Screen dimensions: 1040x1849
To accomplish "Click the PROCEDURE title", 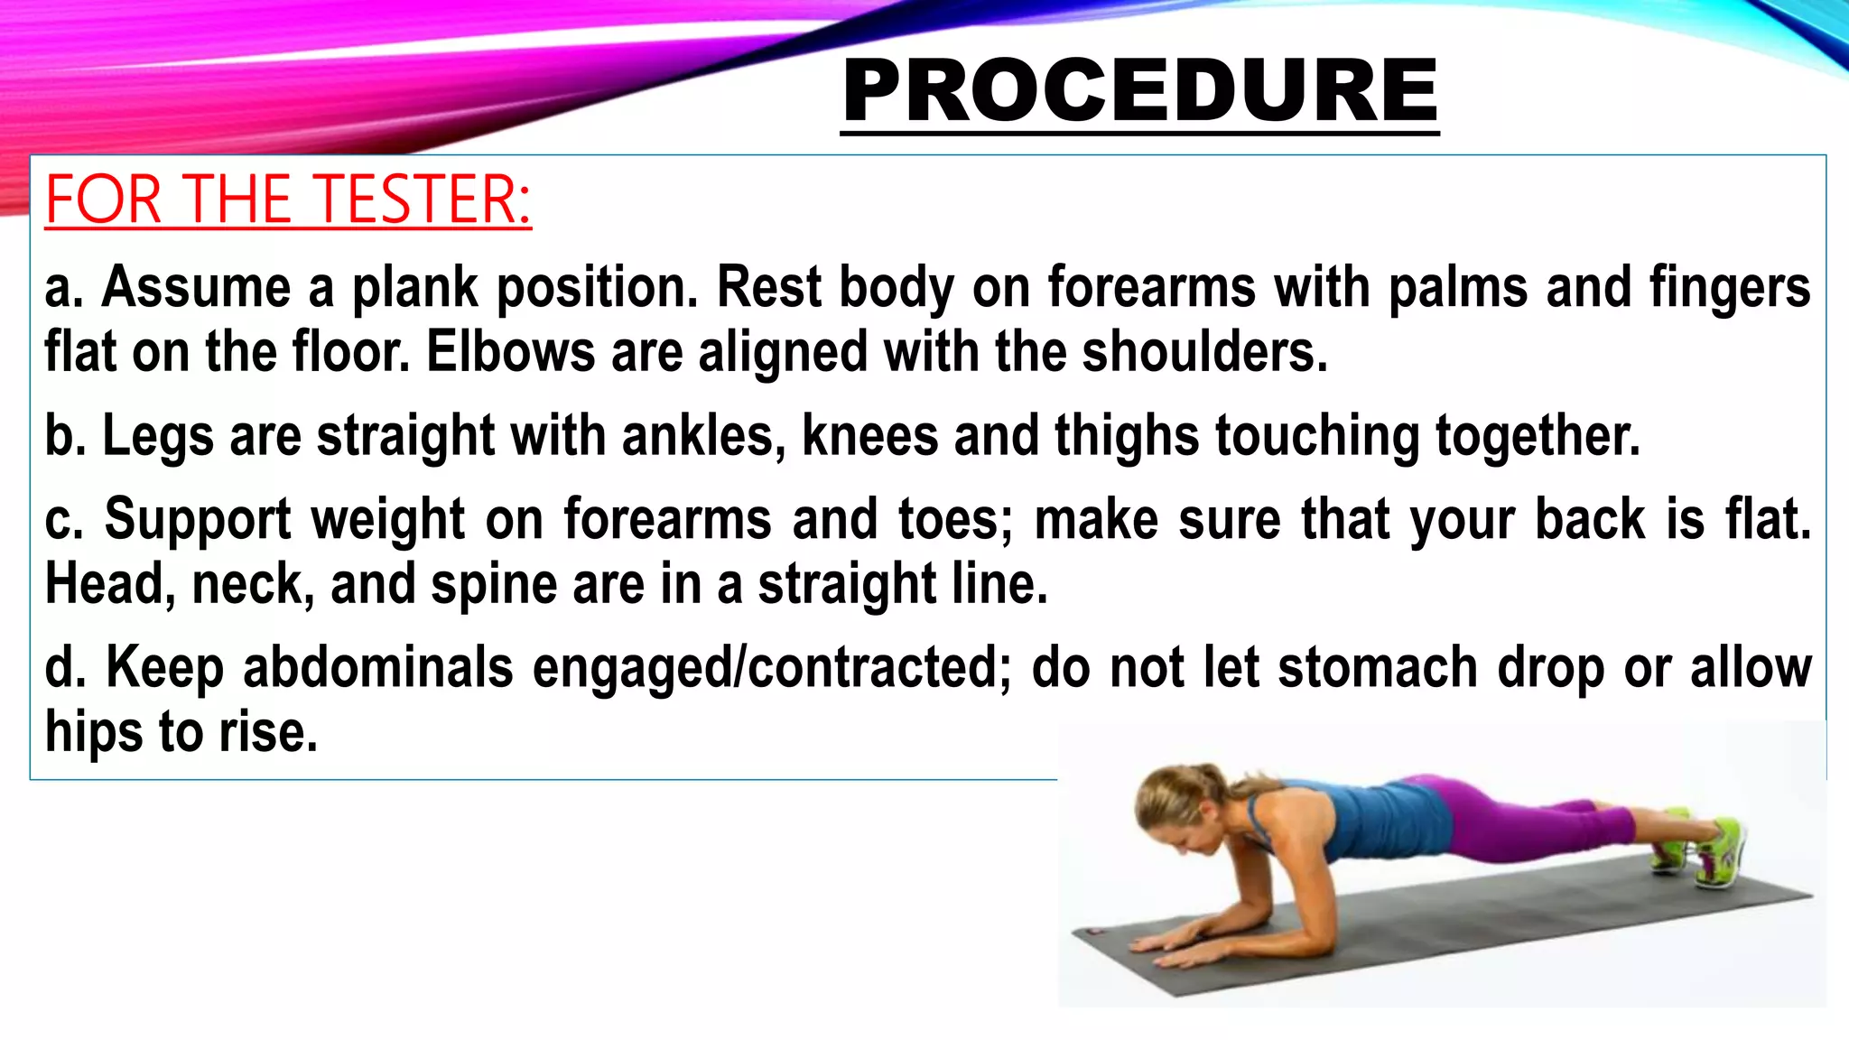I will click(x=1139, y=90).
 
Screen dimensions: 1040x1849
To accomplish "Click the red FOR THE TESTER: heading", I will click(x=288, y=200).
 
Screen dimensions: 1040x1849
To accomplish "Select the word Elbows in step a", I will click(x=510, y=352).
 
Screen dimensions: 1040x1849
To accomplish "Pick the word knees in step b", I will click(x=869, y=436).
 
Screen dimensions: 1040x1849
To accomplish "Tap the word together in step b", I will click(x=1537, y=436).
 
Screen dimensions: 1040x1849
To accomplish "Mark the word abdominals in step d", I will click(x=378, y=668).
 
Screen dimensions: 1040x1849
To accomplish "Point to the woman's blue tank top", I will click(x=1354, y=817).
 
